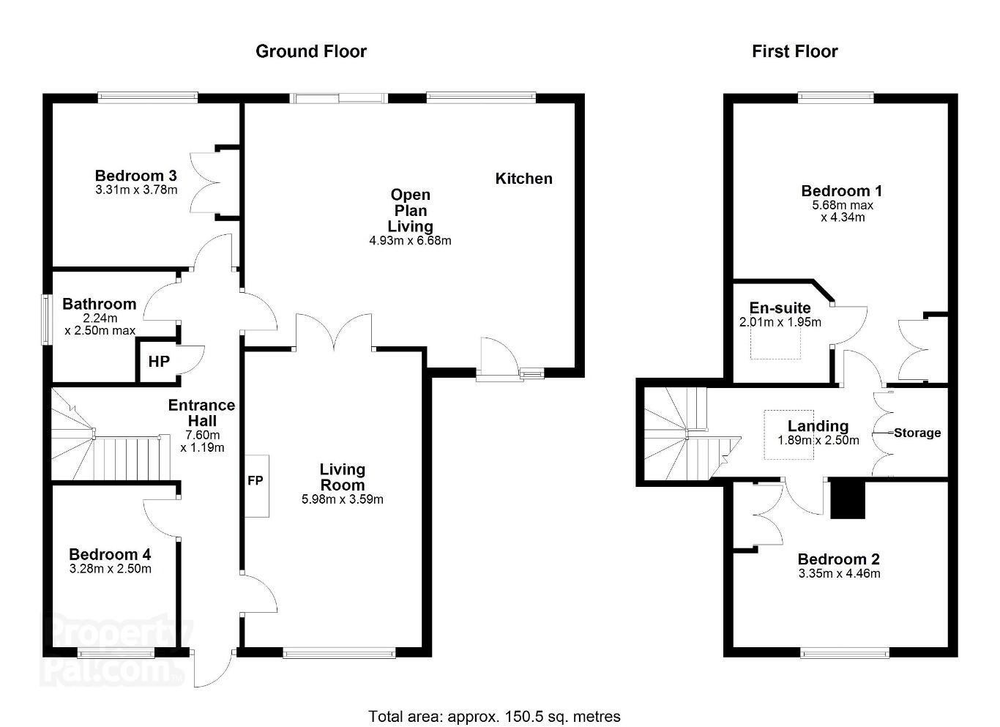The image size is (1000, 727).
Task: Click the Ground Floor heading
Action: (310, 51)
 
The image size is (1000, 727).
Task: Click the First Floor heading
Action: (794, 51)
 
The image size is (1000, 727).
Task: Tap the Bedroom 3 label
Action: (135, 176)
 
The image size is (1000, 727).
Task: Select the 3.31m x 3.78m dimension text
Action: (136, 190)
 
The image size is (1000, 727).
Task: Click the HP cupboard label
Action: (159, 361)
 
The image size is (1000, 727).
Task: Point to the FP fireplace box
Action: (256, 486)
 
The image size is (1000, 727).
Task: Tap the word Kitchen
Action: (523, 179)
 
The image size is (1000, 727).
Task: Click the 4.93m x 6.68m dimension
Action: (410, 241)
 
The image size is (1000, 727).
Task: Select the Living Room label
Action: (343, 477)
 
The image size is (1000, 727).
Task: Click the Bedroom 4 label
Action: (110, 554)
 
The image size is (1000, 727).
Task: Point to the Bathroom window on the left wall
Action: (45, 319)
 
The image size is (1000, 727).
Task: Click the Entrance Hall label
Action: (202, 413)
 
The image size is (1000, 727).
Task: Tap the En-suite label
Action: (780, 307)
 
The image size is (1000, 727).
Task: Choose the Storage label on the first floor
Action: (917, 433)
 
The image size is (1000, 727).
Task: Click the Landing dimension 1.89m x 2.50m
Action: (818, 440)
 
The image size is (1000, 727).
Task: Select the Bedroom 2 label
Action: (839, 559)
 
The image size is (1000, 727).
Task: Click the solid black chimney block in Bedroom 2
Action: (848, 499)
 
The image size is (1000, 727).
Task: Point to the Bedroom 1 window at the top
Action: (836, 97)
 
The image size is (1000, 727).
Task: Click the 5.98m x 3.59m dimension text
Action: (343, 499)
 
